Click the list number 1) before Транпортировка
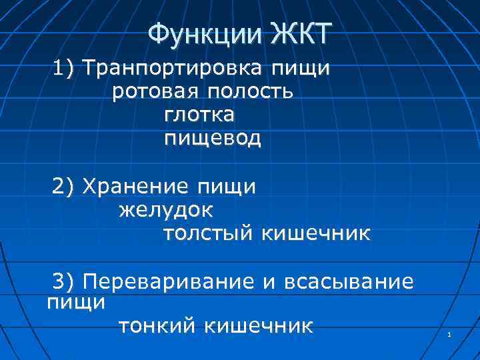[x=67, y=69]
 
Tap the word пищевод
[x=213, y=139]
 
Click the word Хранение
[x=129, y=187]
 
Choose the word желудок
[x=167, y=211]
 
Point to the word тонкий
[x=157, y=326]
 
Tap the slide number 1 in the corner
[x=450, y=334]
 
